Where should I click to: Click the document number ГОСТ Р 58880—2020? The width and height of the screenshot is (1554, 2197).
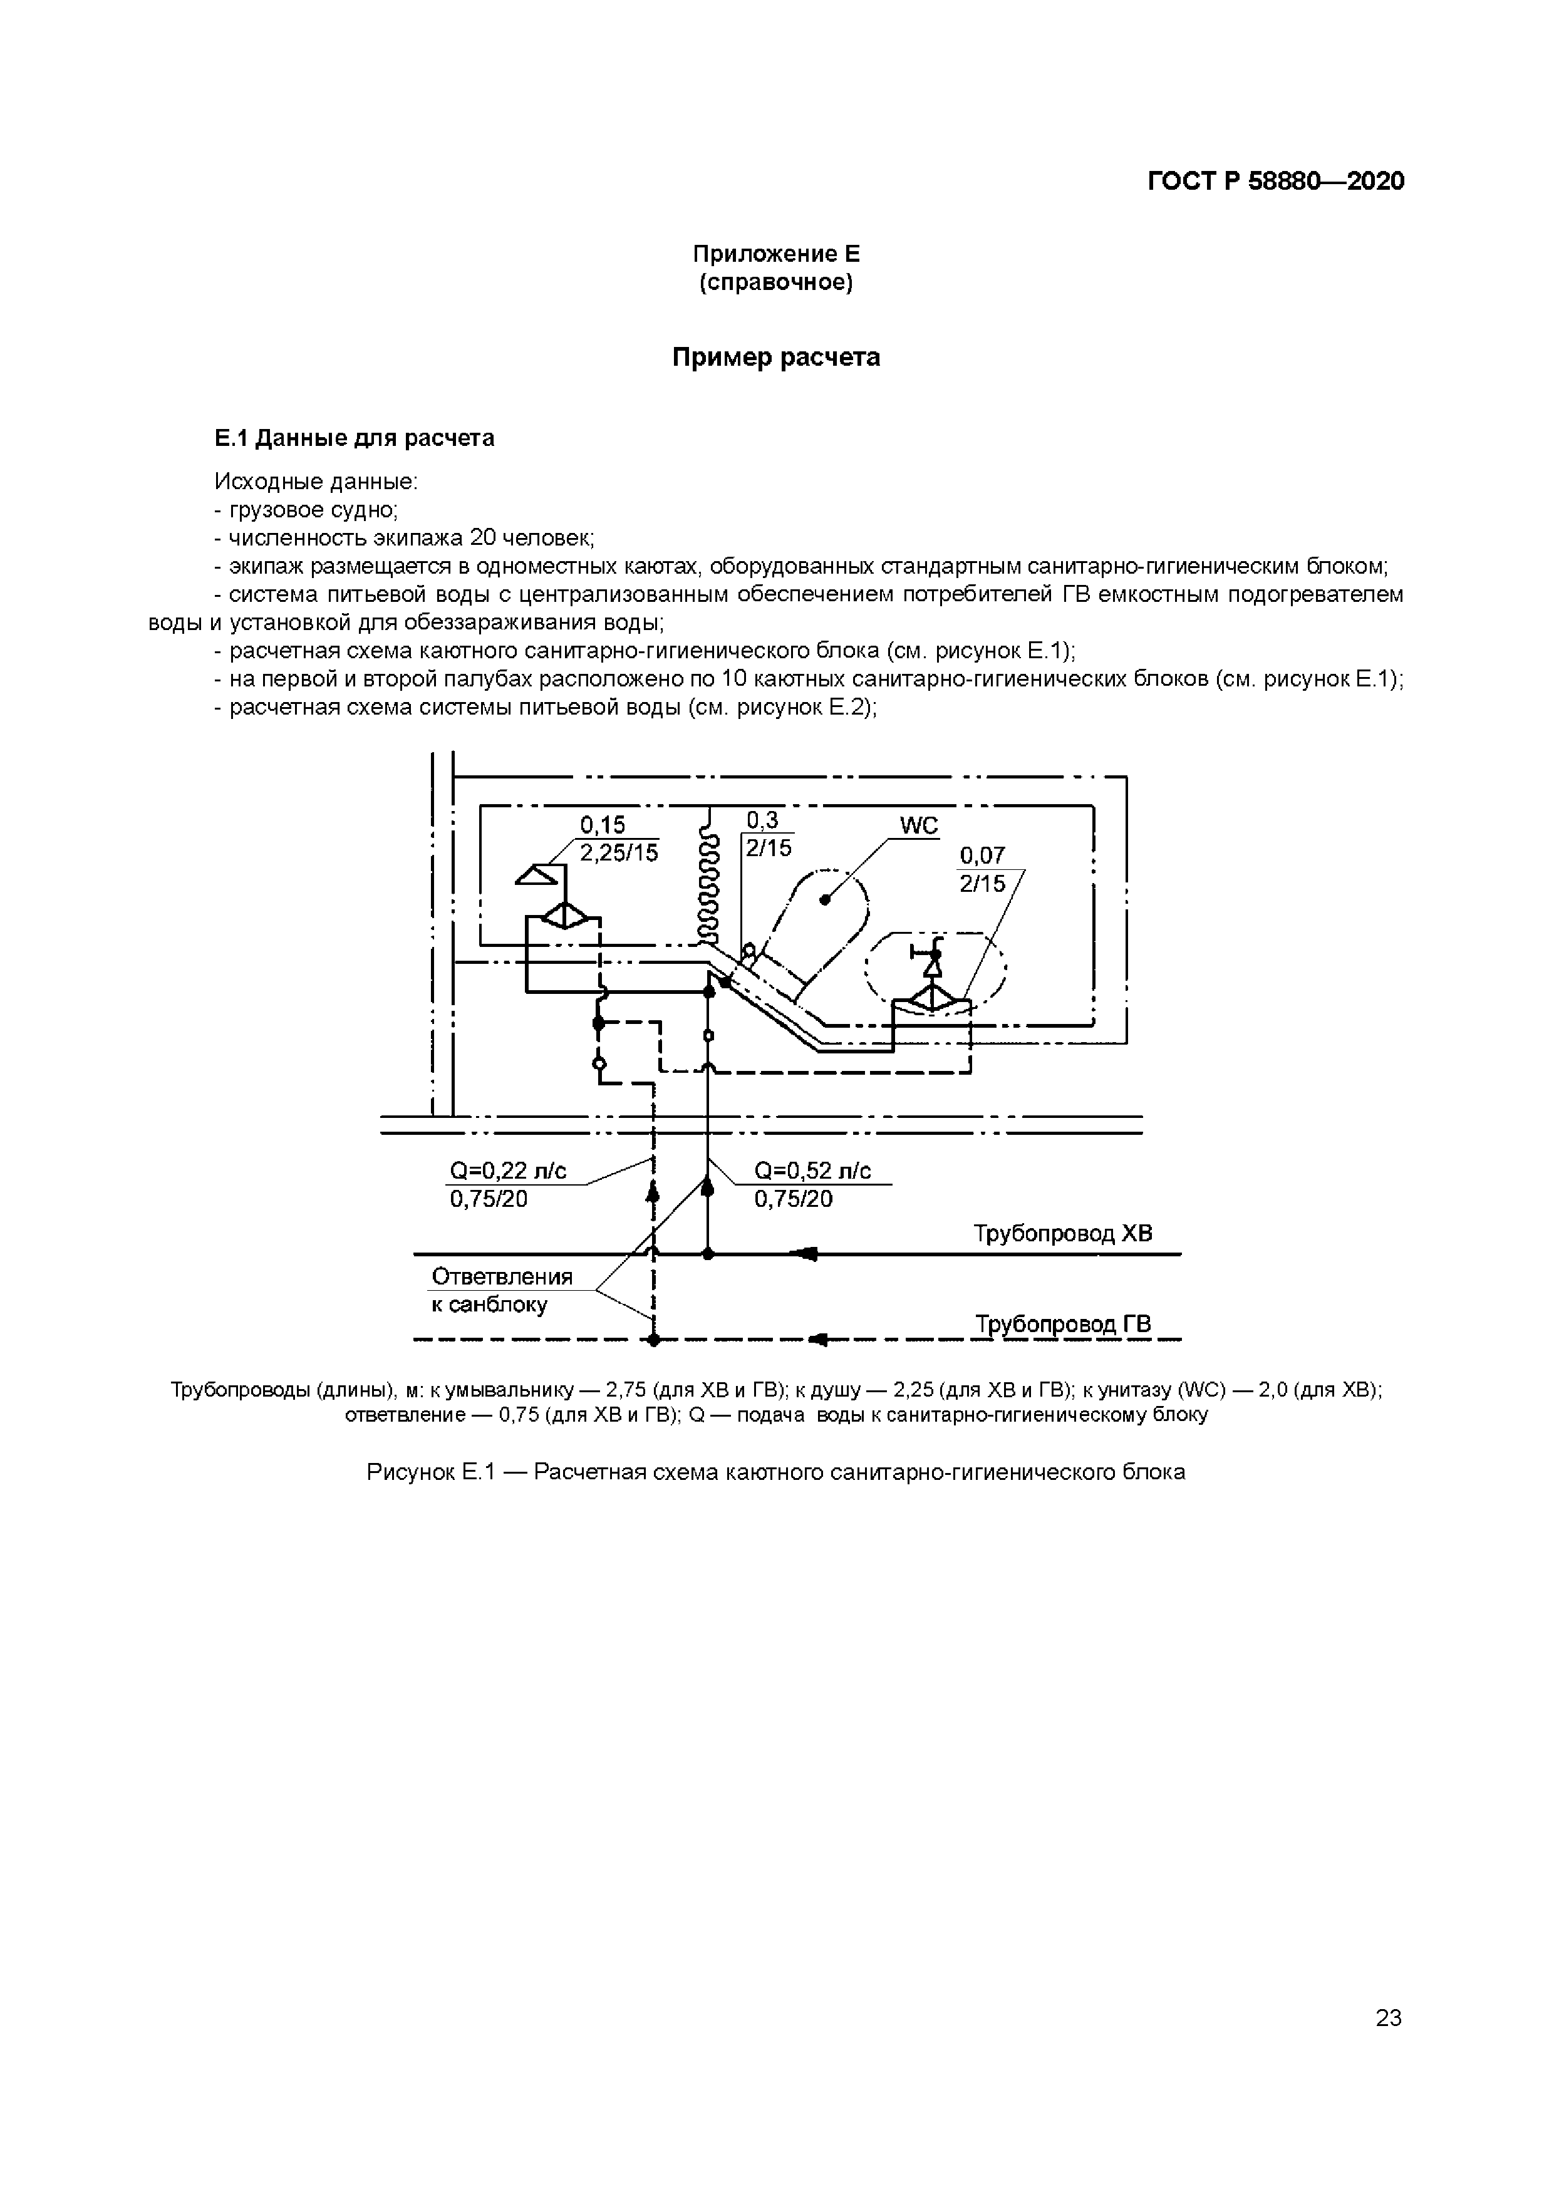pos(1275,182)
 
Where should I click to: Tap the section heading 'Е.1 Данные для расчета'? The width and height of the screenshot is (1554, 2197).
pos(354,438)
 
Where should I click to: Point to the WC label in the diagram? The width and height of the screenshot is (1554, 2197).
pos(919,826)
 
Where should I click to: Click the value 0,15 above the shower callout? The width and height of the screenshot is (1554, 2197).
pos(603,825)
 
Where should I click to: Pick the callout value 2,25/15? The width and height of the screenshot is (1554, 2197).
pos(619,852)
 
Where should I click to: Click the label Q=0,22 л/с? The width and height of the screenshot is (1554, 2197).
pos(508,1171)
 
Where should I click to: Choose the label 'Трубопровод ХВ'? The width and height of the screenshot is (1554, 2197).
pos(1063,1233)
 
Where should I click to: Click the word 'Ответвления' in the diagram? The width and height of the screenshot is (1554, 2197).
pos(502,1276)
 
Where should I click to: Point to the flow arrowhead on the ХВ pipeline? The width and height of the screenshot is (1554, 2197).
pos(807,1254)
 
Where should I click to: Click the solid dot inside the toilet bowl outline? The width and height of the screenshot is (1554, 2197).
pos(825,899)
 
